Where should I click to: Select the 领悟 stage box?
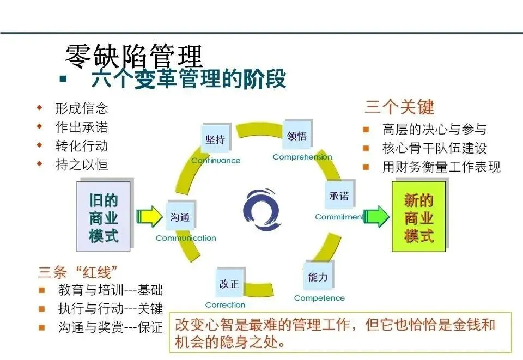click(296, 136)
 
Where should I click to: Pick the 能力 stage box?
click(318, 277)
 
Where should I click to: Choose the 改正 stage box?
click(229, 284)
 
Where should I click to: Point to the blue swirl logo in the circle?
click(261, 210)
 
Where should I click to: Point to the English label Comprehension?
click(302, 157)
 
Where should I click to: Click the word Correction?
click(225, 305)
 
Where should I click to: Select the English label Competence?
click(319, 298)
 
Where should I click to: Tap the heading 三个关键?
click(399, 107)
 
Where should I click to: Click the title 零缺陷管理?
click(134, 56)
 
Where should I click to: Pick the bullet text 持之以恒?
click(82, 164)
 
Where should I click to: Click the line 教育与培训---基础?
click(110, 290)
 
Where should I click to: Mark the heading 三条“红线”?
click(78, 271)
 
